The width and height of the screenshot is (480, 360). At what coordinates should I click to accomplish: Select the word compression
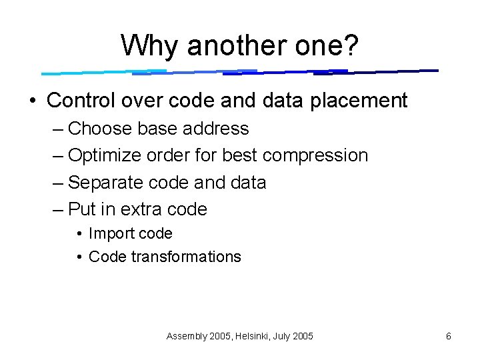[315, 155]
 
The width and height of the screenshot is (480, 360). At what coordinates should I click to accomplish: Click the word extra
[141, 209]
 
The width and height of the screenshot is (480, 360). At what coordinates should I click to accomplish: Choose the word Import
[109, 233]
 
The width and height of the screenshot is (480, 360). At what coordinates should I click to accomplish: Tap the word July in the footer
[283, 337]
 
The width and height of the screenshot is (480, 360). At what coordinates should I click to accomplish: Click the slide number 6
[449, 337]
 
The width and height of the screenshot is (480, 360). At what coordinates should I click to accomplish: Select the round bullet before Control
[33, 101]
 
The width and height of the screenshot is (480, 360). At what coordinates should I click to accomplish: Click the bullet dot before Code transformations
[79, 257]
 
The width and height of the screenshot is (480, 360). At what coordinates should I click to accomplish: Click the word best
[240, 155]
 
